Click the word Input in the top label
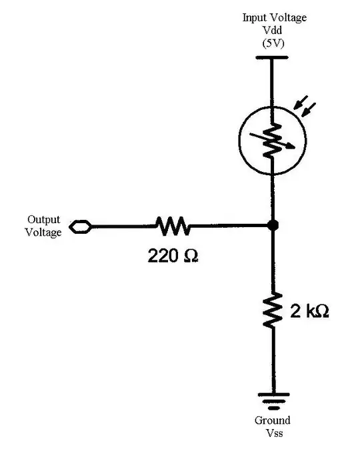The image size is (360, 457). coord(255,18)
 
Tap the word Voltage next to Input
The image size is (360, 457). coord(288,18)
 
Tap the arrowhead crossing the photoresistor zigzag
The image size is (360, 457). coord(291,149)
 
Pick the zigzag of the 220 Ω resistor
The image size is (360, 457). coord(173,227)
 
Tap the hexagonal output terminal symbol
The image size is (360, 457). coord(79,227)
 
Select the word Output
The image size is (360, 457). coord(43,220)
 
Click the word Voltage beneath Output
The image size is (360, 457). coord(43,232)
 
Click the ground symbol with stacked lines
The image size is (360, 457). coord(273,400)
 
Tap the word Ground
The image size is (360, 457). coord(273,420)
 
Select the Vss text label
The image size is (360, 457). coord(273,433)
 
